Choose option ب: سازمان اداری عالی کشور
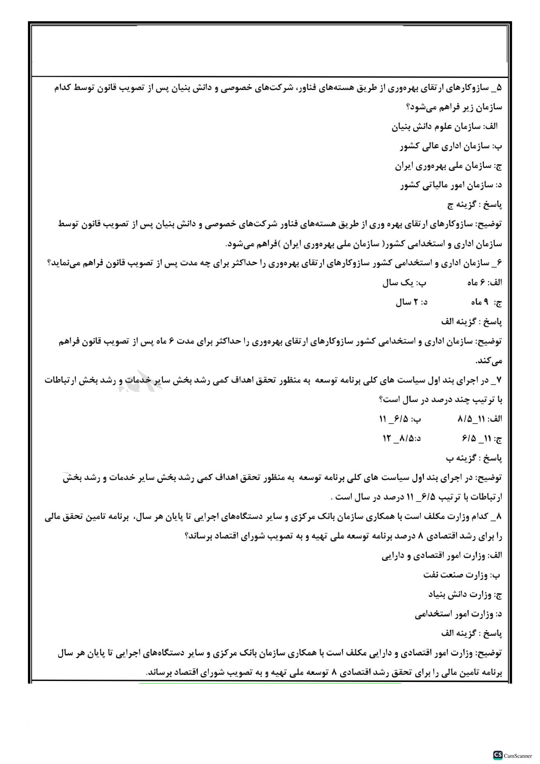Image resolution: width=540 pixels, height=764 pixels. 451,146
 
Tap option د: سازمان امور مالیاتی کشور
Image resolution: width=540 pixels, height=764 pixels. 451,185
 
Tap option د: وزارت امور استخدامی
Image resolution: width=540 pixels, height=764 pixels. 458,614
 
